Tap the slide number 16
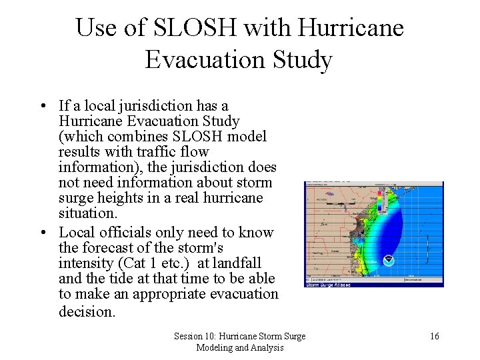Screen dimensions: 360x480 coord(434,336)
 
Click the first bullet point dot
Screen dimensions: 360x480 coord(42,106)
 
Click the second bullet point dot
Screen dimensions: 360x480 coord(42,233)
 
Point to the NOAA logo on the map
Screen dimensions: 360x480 coord(389,259)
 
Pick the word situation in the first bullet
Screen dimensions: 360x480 coord(87,213)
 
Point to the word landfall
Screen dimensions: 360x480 coord(236,263)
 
